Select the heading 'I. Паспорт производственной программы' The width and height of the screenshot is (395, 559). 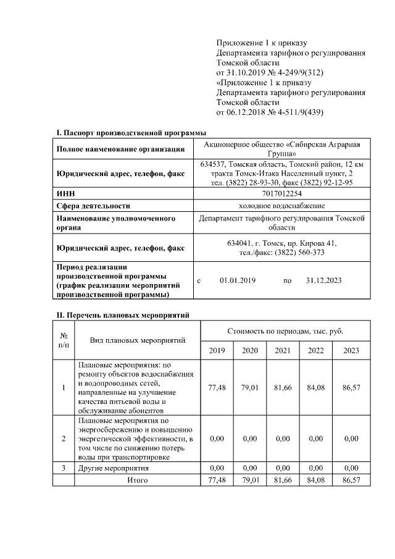131,133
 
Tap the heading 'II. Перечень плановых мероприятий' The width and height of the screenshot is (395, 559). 122,315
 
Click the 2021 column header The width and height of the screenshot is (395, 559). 283,350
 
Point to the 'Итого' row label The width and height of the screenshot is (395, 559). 133,479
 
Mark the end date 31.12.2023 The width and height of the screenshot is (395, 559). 324,280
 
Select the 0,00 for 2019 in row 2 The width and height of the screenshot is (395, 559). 217,439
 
